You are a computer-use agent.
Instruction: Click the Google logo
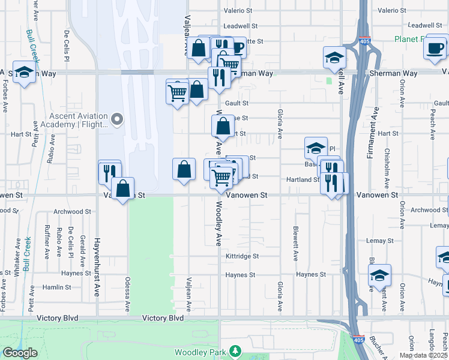(x=19, y=353)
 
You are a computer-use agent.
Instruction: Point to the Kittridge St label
(x=242, y=256)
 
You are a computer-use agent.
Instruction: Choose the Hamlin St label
(x=57, y=288)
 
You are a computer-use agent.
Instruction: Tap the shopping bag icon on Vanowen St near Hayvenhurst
(x=122, y=188)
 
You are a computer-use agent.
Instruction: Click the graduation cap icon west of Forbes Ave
(x=24, y=73)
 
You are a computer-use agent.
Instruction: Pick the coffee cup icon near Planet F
(x=435, y=47)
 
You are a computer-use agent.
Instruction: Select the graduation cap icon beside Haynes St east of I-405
(x=379, y=276)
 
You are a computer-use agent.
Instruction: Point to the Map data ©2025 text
(x=424, y=355)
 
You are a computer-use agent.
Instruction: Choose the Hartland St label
(x=303, y=179)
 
